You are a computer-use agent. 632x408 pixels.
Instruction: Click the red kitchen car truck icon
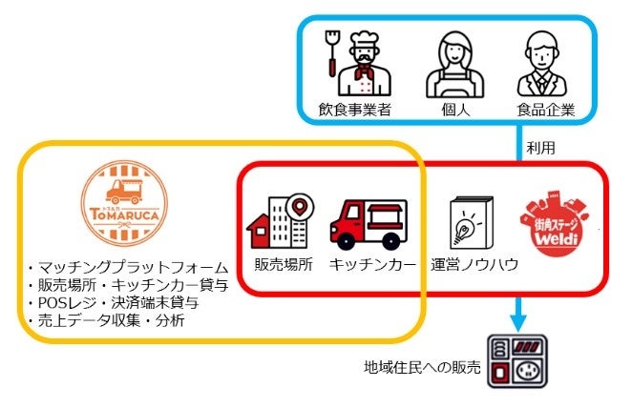click(x=368, y=225)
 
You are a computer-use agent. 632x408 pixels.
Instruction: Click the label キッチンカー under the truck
click(x=369, y=265)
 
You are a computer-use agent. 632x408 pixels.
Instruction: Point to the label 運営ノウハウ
click(x=474, y=265)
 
